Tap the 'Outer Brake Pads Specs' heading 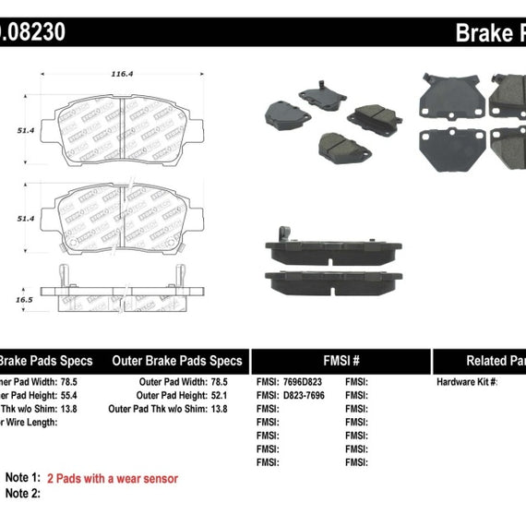tap(177, 361)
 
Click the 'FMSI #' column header tap(341, 361)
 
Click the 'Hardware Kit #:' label tap(467, 381)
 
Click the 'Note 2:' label tap(23, 494)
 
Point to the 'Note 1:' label tap(23, 478)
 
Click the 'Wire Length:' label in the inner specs tap(28, 422)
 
